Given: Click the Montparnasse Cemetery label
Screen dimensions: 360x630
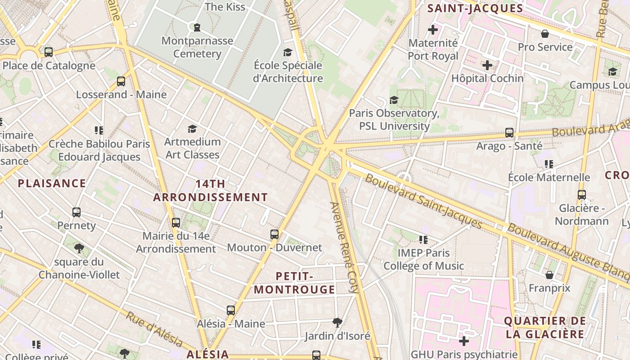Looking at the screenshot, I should [197, 47].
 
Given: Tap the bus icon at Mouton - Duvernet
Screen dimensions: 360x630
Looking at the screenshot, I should [274, 234].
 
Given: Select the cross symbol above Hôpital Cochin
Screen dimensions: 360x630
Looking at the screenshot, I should [487, 66].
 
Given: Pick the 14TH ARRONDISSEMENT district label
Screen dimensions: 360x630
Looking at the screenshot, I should [211, 191].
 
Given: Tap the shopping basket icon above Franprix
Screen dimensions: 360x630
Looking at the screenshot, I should [549, 275].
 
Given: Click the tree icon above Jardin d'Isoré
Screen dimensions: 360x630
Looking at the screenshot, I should [337, 322].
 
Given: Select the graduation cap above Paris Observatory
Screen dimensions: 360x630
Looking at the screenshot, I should [394, 100].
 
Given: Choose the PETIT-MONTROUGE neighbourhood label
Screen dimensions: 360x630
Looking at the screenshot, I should [295, 283].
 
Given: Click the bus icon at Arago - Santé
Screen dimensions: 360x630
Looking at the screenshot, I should [509, 133].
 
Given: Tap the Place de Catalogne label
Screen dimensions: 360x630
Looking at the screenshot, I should [49, 66].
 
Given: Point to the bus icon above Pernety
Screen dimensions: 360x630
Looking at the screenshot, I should [76, 212].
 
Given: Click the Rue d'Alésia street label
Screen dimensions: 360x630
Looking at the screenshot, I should [154, 330].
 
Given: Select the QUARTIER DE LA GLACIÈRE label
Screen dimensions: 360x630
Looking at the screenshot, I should [545, 328].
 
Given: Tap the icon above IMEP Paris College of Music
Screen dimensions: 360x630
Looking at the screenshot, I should [423, 240].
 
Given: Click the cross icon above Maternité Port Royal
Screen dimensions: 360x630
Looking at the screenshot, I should [433, 30].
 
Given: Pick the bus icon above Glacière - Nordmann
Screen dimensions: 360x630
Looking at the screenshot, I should [582, 195].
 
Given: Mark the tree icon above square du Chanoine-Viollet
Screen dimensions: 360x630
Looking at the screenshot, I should [79, 248].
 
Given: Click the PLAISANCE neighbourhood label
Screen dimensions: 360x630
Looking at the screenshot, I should [52, 183].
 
